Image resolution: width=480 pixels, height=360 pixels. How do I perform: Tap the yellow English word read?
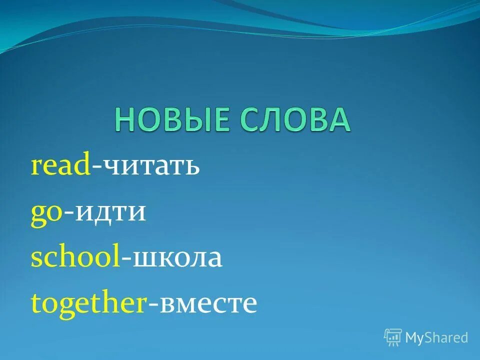coord(60,166)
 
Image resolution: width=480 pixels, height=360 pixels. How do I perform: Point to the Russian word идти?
coord(110,213)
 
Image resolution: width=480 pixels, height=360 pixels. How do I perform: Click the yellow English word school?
coord(75,258)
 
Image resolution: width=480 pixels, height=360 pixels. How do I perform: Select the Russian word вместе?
coord(207,304)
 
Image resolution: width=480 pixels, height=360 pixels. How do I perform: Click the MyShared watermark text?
coord(436,338)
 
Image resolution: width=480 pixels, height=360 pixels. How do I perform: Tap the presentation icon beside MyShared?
coord(393,337)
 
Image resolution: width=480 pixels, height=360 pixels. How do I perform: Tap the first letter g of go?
coord(38,215)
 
